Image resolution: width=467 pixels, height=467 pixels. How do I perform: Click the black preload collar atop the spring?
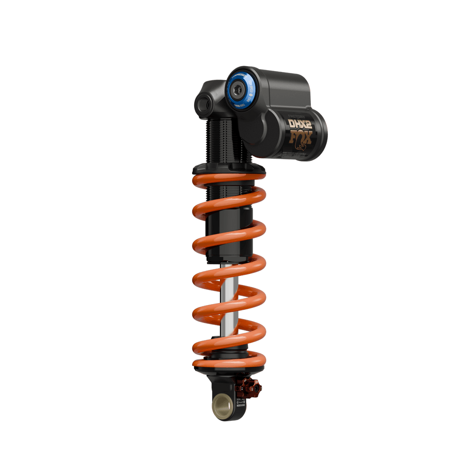(x=229, y=169)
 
